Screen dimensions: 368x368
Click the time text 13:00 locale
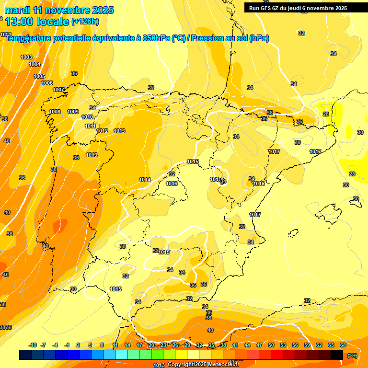pyautogui.click(x=37, y=21)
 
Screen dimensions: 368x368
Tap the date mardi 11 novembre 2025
pyautogui.click(x=59, y=10)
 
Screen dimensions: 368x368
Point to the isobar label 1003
pyautogui.click(x=26, y=57)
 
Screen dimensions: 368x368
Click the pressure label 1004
pyautogui.click(x=34, y=64)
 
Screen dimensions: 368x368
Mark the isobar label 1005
pyautogui.click(x=39, y=77)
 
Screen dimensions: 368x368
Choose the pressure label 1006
pyautogui.click(x=47, y=83)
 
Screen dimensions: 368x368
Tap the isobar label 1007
pyautogui.click(x=58, y=90)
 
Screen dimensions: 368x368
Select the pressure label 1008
pyautogui.click(x=55, y=112)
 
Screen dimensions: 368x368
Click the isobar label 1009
pyautogui.click(x=73, y=112)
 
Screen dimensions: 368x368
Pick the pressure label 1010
pyautogui.click(x=87, y=117)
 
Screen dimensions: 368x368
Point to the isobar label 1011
pyautogui.click(x=90, y=126)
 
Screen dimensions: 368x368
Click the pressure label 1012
pyautogui.click(x=102, y=131)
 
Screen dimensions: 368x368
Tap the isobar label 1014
pyautogui.click(x=145, y=180)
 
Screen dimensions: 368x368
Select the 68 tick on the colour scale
pyautogui.click(x=344, y=345)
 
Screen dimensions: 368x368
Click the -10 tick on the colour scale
pyautogui.click(x=33, y=345)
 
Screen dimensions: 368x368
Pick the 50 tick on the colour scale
pyautogui.click(x=271, y=345)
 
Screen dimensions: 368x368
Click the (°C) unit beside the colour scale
pyautogui.click(x=352, y=355)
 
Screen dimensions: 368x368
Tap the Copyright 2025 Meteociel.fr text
pyautogui.click(x=203, y=365)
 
